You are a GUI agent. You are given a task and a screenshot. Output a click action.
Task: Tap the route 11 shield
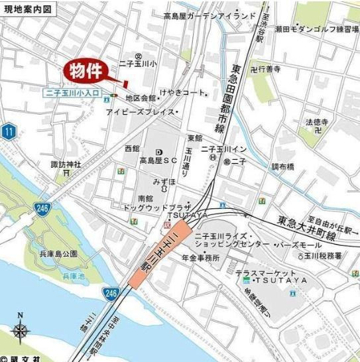[x=8, y=131]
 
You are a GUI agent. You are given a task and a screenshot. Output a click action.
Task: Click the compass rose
[x=20, y=330]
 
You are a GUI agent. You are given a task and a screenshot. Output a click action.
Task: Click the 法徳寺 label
[x=316, y=122]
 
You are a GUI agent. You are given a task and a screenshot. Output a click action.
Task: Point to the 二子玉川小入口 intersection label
[x=73, y=95]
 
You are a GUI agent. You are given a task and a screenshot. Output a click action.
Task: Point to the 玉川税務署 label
[x=324, y=255]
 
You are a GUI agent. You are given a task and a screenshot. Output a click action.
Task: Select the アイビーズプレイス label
[x=141, y=112]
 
